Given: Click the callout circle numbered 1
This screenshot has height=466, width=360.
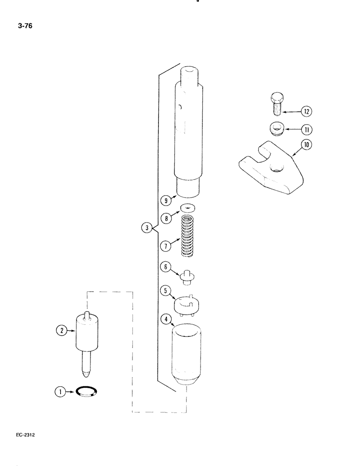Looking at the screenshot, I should point(59,392).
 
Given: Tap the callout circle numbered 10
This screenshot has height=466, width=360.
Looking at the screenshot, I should point(307,145).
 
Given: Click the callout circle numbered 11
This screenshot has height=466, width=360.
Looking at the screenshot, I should point(307,129).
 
